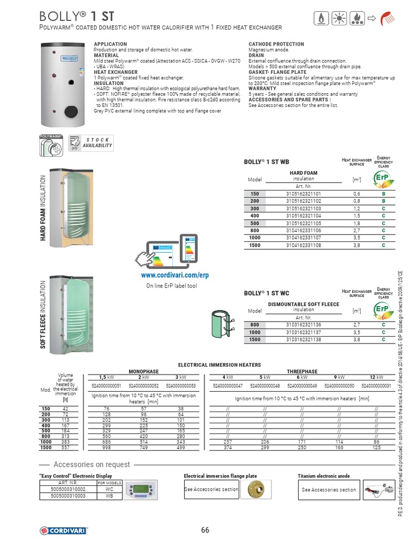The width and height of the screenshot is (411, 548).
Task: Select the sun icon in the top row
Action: coord(339,18)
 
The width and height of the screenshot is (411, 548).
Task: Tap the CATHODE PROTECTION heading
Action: coord(276,44)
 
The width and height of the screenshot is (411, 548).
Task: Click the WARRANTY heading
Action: coord(263,88)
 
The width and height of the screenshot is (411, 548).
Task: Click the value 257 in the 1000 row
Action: coord(228,442)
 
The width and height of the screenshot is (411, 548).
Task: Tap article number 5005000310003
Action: coord(68,496)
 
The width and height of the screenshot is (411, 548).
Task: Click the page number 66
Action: coord(205,530)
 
